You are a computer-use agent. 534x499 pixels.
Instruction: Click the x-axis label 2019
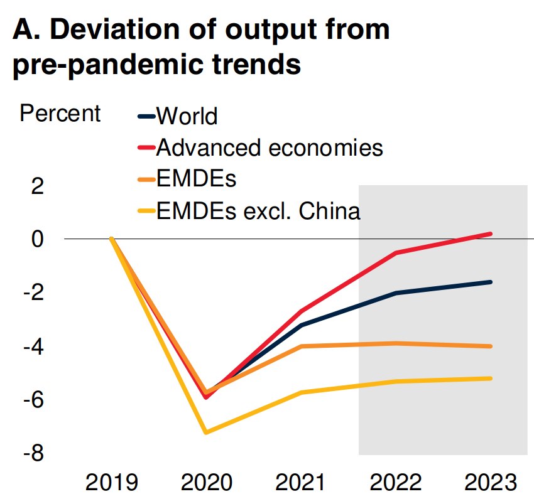pyautogui.click(x=111, y=483)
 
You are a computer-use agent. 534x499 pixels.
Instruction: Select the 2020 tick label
pyautogui.click(x=207, y=483)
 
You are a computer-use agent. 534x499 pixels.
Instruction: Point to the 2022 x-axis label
pyautogui.click(x=396, y=483)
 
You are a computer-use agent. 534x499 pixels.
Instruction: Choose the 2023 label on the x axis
pyautogui.click(x=490, y=483)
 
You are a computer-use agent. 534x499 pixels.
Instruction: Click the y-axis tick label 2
pyautogui.click(x=39, y=186)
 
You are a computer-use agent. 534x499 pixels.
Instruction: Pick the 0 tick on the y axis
pyautogui.click(x=39, y=239)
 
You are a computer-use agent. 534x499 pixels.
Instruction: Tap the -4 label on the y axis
pyautogui.click(x=35, y=346)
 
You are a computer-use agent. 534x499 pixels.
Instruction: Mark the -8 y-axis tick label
pyautogui.click(x=35, y=453)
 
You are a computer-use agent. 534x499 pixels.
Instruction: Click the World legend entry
pyautogui.click(x=187, y=116)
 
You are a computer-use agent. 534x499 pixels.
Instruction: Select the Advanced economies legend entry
pyautogui.click(x=270, y=148)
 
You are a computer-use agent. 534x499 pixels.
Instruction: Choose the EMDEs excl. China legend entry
pyautogui.click(x=258, y=211)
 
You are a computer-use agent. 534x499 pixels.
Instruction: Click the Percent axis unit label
pyautogui.click(x=60, y=114)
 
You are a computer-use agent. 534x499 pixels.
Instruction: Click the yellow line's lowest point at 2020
pyautogui.click(x=206, y=432)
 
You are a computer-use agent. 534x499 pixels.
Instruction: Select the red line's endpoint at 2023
pyautogui.click(x=490, y=233)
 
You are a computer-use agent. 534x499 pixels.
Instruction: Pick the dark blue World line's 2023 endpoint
pyautogui.click(x=490, y=282)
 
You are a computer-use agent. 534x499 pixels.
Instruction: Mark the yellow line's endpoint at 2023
pyautogui.click(x=490, y=378)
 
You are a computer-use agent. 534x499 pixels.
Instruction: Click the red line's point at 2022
pyautogui.click(x=396, y=252)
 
